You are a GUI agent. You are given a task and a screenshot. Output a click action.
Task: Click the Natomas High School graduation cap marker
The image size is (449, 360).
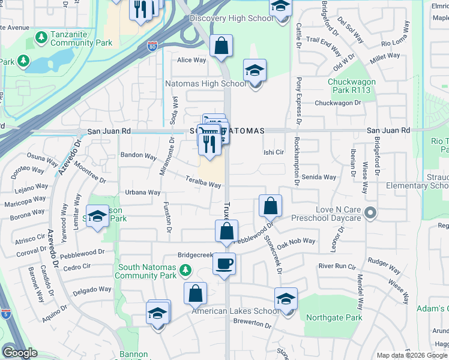pyautogui.click(x=255, y=72)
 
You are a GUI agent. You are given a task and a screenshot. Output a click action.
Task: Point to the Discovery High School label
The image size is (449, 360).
pyautogui.click(x=231, y=19)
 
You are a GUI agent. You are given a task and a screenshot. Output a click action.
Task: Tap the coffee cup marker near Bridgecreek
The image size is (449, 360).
pyautogui.click(x=224, y=265)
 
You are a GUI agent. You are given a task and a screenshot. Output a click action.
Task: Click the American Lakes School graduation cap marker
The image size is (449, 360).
pyautogui.click(x=286, y=299)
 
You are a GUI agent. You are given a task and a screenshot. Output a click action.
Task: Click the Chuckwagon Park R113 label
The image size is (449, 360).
pyautogui.click(x=349, y=86)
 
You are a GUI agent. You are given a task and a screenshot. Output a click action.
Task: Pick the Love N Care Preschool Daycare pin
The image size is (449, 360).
pyautogui.click(x=370, y=212)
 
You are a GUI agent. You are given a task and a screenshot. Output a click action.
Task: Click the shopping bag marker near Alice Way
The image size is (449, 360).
pyautogui.click(x=221, y=46)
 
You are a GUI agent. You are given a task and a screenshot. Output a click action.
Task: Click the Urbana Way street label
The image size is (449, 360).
pyautogui.click(x=142, y=193)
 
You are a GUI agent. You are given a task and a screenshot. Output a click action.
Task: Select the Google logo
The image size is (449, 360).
pyautogui.click(x=20, y=353)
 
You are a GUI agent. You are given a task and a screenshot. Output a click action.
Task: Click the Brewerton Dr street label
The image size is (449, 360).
pyautogui.click(x=253, y=324)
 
